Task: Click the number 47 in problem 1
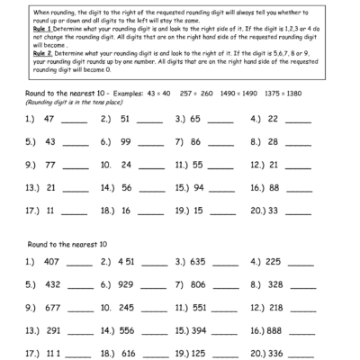tap(49, 119)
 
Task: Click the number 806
tap(198, 284)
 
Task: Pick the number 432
tap(52, 284)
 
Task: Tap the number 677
tap(52, 307)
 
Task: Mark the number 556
tap(128, 329)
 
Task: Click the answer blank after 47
tap(76, 121)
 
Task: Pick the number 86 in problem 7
tap(195, 141)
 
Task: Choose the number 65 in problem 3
tap(195, 119)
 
